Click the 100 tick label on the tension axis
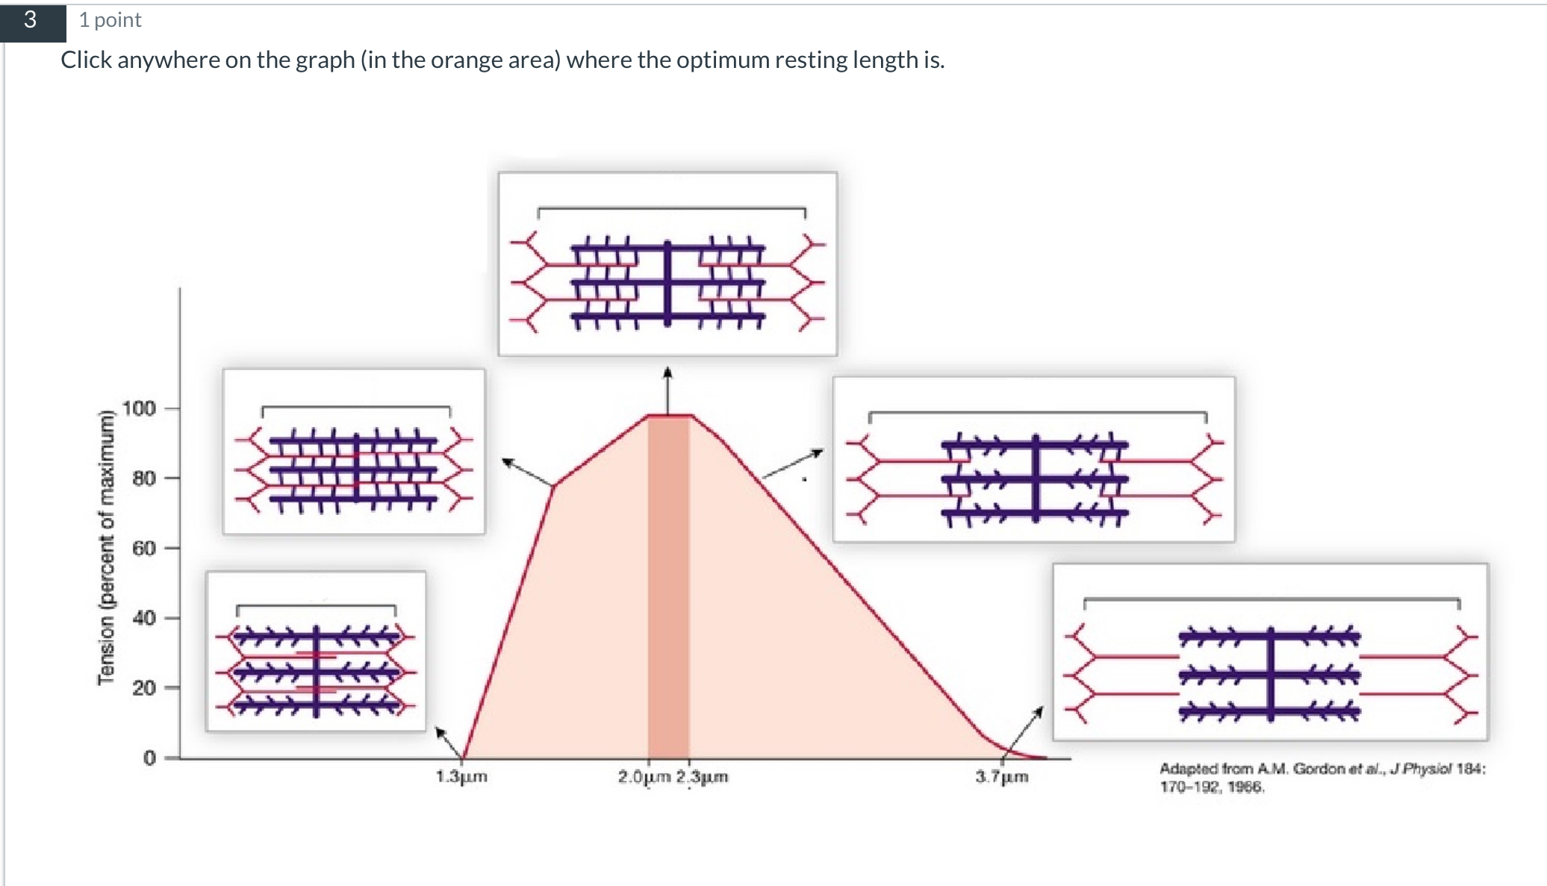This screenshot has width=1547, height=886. click(139, 408)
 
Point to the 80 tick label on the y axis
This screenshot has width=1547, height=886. click(143, 478)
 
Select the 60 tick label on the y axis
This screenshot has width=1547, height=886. click(143, 548)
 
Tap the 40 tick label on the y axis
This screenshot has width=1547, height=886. click(143, 618)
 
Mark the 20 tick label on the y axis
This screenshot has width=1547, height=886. click(143, 687)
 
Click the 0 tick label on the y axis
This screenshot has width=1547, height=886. click(149, 758)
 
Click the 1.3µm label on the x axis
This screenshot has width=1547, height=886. click(461, 777)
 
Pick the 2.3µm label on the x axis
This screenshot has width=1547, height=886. click(702, 777)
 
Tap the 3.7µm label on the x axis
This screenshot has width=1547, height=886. click(1001, 777)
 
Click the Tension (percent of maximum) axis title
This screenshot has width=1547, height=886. click(107, 546)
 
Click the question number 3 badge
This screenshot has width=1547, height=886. click(31, 20)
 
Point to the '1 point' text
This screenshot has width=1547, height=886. click(110, 20)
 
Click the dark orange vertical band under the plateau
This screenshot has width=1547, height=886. click(667, 590)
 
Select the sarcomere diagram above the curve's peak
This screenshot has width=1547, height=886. click(667, 263)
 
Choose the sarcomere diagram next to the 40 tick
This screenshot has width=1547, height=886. click(316, 651)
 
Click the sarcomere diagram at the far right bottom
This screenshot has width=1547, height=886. click(1269, 652)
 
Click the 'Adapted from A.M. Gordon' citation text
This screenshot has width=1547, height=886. click(1322, 777)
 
